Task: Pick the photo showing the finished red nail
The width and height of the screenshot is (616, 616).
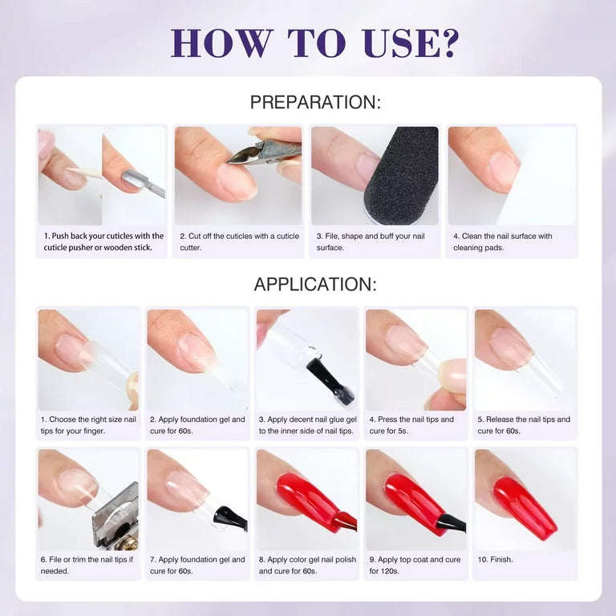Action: tap(525, 499)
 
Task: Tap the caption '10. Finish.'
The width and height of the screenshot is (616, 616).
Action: tap(495, 559)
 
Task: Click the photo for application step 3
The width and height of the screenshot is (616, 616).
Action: tap(306, 359)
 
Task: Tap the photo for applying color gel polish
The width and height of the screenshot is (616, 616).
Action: tap(306, 499)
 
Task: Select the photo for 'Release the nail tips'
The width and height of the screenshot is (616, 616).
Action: tap(525, 359)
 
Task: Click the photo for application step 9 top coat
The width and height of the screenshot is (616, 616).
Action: tap(415, 499)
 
